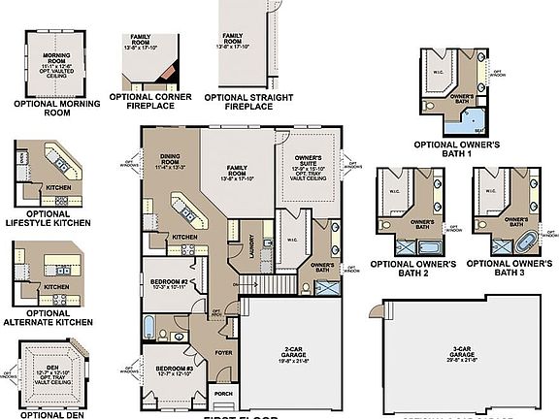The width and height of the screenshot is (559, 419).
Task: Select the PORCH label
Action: (223, 394)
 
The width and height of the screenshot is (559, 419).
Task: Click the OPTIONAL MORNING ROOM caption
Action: (57, 107)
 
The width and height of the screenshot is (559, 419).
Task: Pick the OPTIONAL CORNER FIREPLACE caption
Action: (150, 101)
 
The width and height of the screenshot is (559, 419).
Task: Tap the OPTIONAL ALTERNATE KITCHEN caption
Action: (46, 319)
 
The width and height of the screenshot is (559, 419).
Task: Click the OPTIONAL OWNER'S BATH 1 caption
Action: (456, 149)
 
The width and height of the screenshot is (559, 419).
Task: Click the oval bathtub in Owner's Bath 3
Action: (524, 239)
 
